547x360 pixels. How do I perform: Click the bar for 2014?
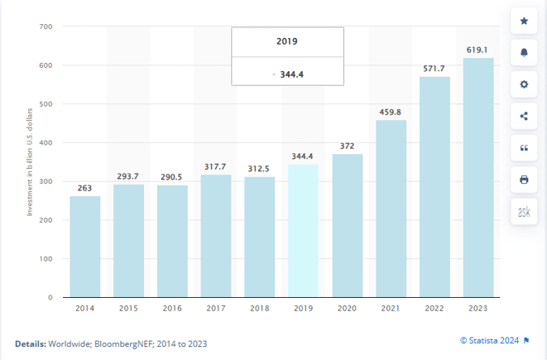click(x=85, y=246)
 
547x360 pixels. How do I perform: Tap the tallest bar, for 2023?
click(x=478, y=177)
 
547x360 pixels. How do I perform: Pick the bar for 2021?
click(x=391, y=208)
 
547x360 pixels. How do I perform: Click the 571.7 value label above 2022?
click(x=434, y=68)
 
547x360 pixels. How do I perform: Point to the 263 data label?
click(x=85, y=188)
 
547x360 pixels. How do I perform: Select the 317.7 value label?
click(x=216, y=166)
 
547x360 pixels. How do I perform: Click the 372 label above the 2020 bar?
click(x=347, y=146)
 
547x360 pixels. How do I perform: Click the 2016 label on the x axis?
click(x=172, y=309)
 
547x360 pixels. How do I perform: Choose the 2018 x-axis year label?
click(x=260, y=309)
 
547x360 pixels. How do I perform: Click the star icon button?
click(x=524, y=21)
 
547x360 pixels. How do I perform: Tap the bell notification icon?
click(x=524, y=52)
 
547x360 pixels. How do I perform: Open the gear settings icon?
click(x=524, y=84)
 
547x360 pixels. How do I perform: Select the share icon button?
click(x=524, y=116)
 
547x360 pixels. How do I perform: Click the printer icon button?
click(x=524, y=180)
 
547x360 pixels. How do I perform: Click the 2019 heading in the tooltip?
click(x=287, y=41)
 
